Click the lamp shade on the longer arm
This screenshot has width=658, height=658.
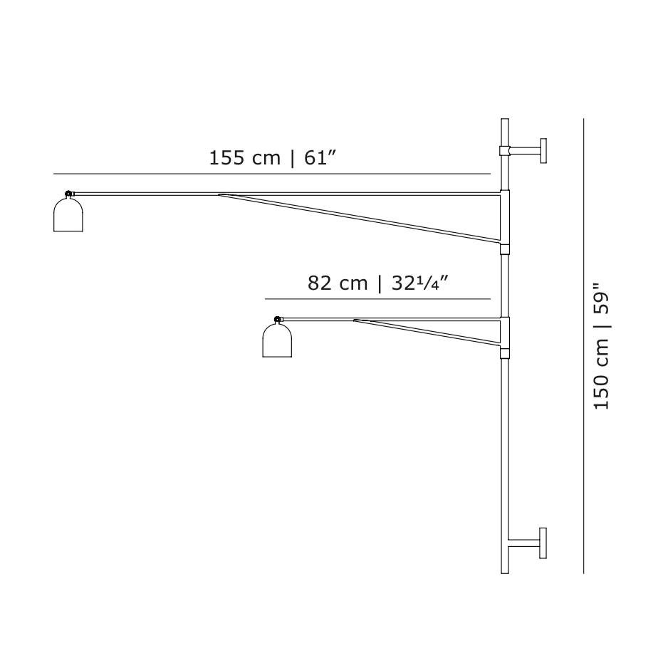pyautogui.click(x=68, y=215)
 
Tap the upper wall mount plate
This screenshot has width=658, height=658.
pyautogui.click(x=543, y=150)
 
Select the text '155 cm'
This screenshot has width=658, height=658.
pyautogui.click(x=244, y=158)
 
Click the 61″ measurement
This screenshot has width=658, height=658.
pyautogui.click(x=320, y=158)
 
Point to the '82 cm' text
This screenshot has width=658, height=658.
pyautogui.click(x=338, y=283)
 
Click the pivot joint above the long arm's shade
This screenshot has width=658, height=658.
pyautogui.click(x=68, y=194)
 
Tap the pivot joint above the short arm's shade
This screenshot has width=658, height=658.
pyautogui.click(x=277, y=319)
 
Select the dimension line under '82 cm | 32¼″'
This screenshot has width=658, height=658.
pyautogui.click(x=377, y=299)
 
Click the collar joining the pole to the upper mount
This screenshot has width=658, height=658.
pyautogui.click(x=504, y=150)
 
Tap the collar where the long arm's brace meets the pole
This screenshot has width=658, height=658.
pyautogui.click(x=504, y=249)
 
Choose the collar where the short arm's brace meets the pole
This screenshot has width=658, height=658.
pyautogui.click(x=504, y=352)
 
